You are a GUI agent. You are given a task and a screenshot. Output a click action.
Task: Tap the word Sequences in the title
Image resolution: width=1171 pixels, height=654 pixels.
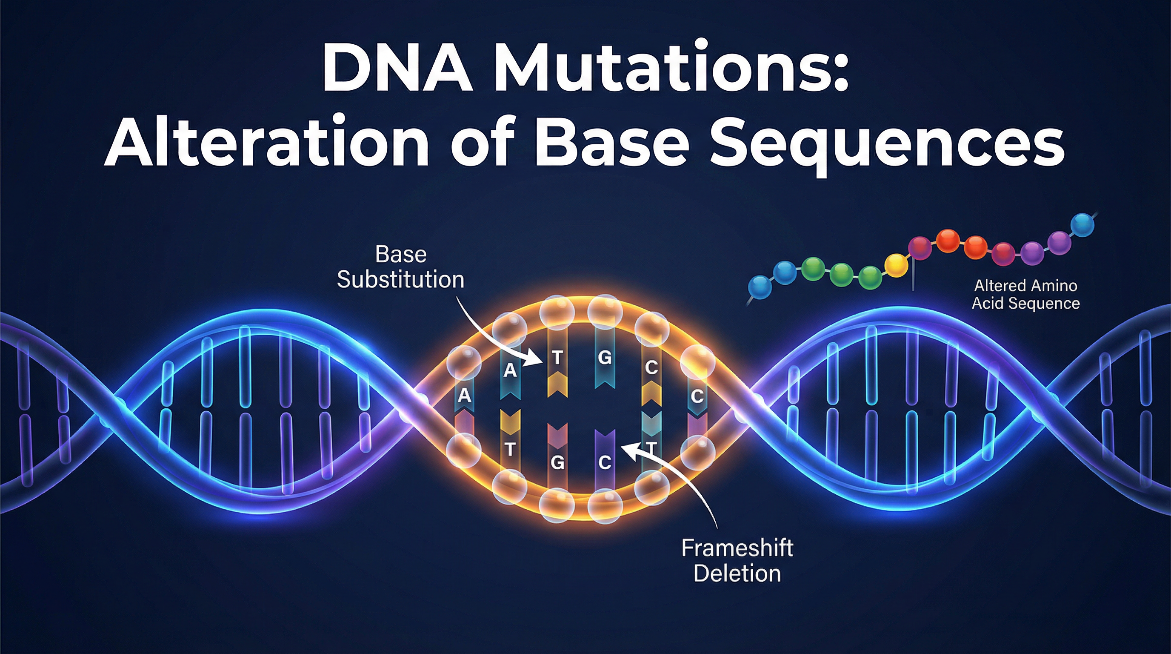[886, 142]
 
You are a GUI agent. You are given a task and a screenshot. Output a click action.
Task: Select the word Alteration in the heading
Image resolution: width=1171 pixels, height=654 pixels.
[266, 142]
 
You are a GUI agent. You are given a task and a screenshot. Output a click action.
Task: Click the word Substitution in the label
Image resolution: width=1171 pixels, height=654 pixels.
[400, 279]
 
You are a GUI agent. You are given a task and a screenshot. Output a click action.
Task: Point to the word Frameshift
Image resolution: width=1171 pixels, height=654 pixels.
[737, 548]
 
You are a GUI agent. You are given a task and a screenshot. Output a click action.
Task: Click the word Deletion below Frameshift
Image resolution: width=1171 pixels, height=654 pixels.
[737, 573]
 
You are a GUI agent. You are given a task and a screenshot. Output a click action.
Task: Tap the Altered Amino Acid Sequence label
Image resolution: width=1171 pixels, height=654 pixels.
[1025, 294]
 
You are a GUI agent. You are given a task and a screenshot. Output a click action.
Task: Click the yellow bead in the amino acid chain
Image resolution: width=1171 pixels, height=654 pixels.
[896, 265]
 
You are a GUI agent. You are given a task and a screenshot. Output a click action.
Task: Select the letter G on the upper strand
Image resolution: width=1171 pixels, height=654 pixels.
[604, 358]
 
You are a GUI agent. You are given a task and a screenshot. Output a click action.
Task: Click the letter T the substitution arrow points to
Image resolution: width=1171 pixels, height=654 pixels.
[557, 358]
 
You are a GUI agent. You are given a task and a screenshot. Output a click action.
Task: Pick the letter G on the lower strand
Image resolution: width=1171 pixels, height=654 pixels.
[557, 463]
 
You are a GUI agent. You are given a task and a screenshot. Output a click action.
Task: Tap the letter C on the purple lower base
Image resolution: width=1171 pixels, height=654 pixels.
[604, 463]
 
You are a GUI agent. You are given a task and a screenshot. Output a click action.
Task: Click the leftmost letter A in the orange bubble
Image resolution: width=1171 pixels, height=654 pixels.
[464, 395]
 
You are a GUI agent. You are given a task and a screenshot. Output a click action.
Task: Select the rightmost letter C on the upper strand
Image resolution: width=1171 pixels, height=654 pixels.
[697, 396]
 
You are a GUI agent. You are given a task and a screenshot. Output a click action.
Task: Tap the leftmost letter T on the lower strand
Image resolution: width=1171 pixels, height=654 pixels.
[510, 450]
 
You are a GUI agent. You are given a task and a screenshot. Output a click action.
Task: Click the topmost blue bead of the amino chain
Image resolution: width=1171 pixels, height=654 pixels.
[1083, 225]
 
